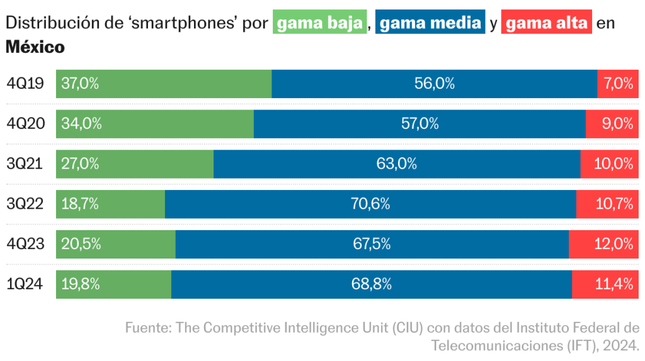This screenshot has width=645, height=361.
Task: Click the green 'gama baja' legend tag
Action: (319, 23)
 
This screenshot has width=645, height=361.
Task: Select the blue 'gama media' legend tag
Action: (430, 23)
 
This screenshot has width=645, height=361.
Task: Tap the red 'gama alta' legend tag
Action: (546, 23)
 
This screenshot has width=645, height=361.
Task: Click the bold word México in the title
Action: (35, 47)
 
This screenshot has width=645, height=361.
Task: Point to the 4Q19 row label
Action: (25, 84)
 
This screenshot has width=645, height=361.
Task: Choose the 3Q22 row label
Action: (25, 204)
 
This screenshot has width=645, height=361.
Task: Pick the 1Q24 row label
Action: (25, 284)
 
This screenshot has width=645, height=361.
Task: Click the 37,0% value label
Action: (80, 84)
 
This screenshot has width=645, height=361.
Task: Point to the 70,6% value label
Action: (371, 204)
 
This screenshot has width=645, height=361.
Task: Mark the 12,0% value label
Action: (614, 244)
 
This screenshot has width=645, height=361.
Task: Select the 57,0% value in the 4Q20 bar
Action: (420, 124)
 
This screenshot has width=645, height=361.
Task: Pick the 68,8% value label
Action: (371, 284)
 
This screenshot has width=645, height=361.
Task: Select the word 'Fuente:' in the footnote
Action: (148, 328)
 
